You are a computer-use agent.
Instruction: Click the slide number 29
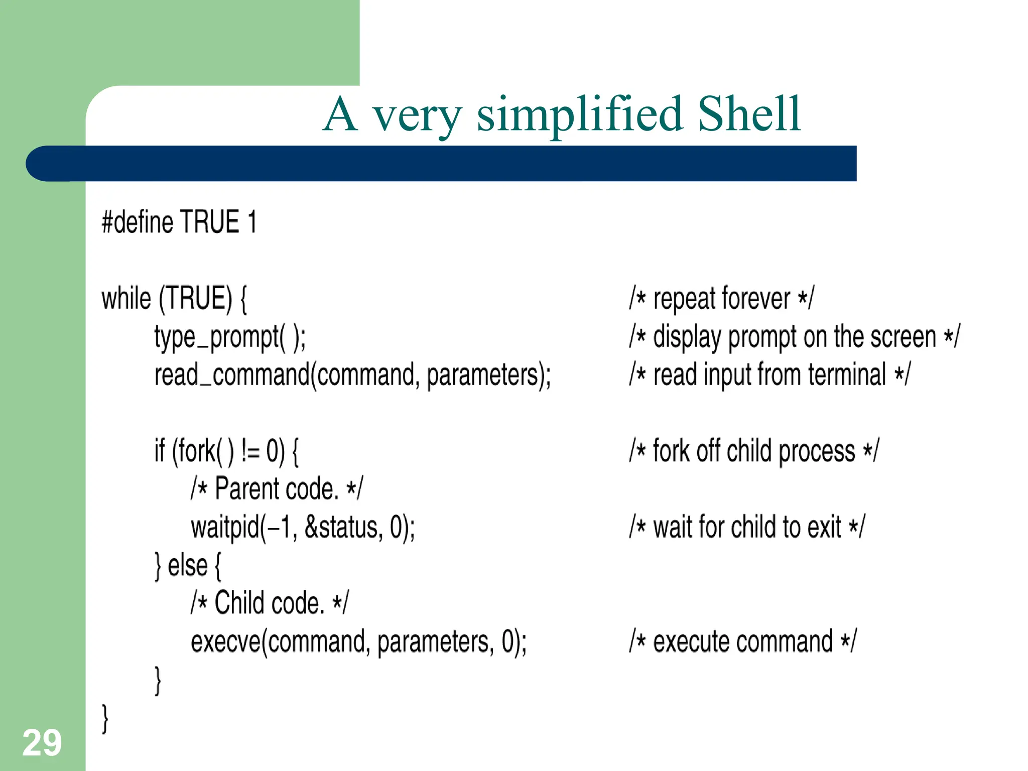point(42,743)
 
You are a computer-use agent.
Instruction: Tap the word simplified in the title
point(579,115)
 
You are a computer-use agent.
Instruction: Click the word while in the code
point(126,299)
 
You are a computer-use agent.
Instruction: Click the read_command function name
point(232,375)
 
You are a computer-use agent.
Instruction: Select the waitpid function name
point(225,528)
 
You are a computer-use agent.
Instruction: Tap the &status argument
point(343,528)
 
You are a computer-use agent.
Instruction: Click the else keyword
point(187,566)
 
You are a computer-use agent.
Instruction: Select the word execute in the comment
point(691,641)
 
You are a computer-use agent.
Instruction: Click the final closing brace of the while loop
point(105,719)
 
